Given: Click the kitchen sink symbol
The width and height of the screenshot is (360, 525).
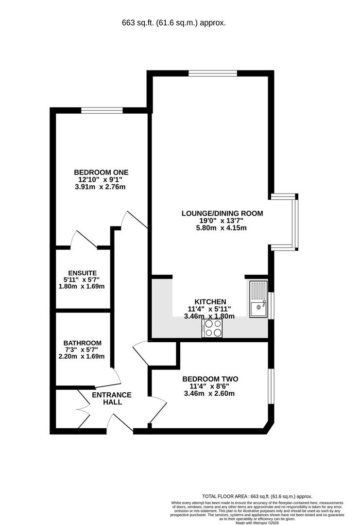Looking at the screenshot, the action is click(x=258, y=299).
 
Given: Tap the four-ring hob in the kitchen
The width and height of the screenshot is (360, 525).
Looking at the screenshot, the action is click(x=212, y=328).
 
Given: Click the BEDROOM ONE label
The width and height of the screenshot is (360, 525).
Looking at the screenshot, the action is click(x=101, y=173).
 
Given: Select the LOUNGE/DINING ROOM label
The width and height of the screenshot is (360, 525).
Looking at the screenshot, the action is click(x=222, y=213).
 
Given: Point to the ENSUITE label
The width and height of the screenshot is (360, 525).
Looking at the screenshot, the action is click(x=82, y=273).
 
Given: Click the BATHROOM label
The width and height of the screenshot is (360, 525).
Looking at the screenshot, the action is click(x=82, y=343).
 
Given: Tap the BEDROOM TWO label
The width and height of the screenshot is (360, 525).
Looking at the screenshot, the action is click(x=210, y=379).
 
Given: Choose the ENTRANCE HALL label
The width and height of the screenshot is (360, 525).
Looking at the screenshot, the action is click(x=112, y=399).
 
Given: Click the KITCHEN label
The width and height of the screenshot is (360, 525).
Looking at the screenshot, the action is click(x=210, y=302).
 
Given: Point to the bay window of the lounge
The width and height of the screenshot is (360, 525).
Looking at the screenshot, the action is click(x=294, y=222).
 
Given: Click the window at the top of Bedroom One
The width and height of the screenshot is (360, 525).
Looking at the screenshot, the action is click(x=102, y=110).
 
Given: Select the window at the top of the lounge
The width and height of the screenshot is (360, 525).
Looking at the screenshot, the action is click(x=213, y=73).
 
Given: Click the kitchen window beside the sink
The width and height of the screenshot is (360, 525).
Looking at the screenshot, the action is click(x=272, y=305).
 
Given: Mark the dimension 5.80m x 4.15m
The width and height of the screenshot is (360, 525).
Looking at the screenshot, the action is click(x=221, y=228).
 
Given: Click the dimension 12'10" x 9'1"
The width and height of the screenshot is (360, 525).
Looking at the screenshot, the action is click(x=101, y=179).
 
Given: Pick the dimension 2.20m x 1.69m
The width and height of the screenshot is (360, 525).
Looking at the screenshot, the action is click(x=82, y=356).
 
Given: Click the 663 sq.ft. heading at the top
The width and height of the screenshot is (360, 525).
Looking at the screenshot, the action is click(x=173, y=23).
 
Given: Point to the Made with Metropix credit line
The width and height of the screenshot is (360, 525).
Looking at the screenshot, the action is click(x=257, y=523).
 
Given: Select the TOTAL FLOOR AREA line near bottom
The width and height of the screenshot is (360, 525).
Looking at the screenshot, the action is click(x=257, y=496).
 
